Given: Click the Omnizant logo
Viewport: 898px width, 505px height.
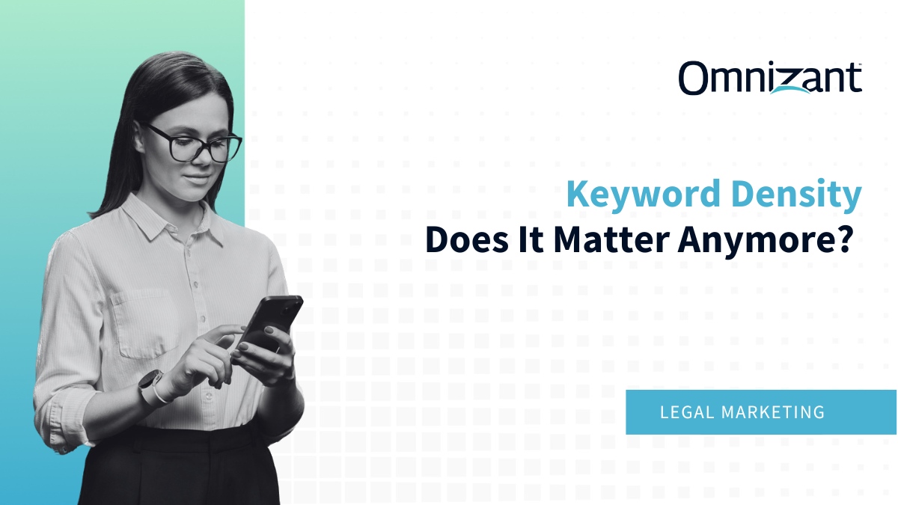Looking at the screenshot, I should coord(770,78).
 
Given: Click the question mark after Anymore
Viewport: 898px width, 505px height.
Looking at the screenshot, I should coord(846,241).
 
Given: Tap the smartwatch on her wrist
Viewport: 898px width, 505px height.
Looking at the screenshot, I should coord(150,387).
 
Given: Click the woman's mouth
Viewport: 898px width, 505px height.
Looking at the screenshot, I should coord(197,180).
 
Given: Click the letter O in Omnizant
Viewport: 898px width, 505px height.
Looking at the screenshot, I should coord(695,78).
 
